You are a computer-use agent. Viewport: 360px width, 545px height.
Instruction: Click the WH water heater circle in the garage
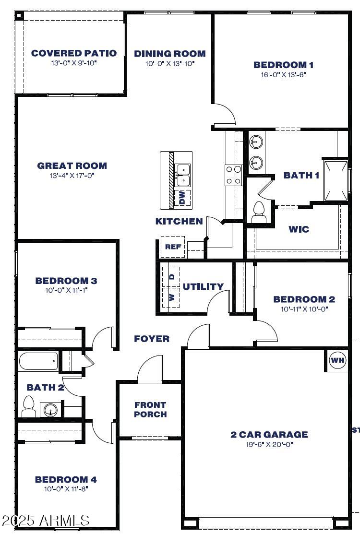coord(337,360)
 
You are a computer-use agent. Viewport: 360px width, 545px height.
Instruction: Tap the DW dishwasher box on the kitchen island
coord(182,198)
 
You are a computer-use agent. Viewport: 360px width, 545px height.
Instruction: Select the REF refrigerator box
coord(170,247)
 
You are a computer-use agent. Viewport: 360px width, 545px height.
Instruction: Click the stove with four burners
coord(234,175)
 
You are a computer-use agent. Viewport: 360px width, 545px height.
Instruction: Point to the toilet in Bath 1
coord(259,211)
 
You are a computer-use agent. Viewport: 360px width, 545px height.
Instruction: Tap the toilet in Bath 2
coord(29,407)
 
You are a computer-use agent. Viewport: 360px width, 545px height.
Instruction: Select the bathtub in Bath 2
coord(38,361)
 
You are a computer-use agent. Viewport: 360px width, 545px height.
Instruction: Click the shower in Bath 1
coord(336,180)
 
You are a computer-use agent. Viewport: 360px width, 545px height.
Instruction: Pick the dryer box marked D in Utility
coord(170,277)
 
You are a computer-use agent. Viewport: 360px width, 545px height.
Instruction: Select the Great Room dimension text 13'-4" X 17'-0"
coord(72,176)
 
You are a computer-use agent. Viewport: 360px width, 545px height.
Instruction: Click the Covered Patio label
coord(74,53)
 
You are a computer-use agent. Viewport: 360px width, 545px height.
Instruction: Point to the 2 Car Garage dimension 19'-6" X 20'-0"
coord(269,444)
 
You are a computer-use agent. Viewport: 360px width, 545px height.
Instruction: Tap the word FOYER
coord(152,339)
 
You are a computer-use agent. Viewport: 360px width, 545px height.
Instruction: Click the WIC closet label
coord(299,229)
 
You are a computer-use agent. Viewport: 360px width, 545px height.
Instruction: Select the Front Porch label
coord(150,409)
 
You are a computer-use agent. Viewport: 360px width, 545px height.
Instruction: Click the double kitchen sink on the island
coord(183,175)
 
